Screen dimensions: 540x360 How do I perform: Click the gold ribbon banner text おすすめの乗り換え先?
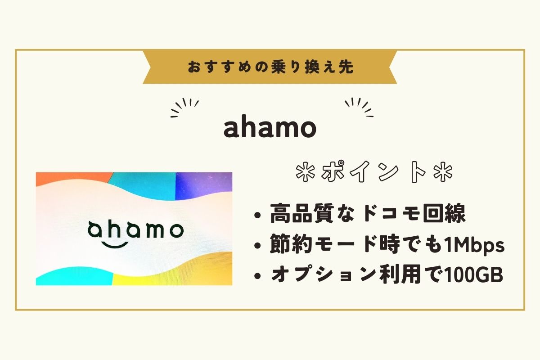(270, 67)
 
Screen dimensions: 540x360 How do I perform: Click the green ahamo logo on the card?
(135, 230)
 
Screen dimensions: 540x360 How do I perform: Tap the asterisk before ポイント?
(306, 173)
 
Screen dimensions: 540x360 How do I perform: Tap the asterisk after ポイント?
(443, 173)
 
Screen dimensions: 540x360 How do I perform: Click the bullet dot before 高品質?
(258, 215)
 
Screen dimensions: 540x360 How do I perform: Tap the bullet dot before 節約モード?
(258, 245)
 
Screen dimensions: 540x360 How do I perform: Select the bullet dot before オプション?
(258, 276)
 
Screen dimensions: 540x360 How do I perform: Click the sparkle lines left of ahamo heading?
(184, 108)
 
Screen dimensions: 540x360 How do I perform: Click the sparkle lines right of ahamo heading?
(359, 108)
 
